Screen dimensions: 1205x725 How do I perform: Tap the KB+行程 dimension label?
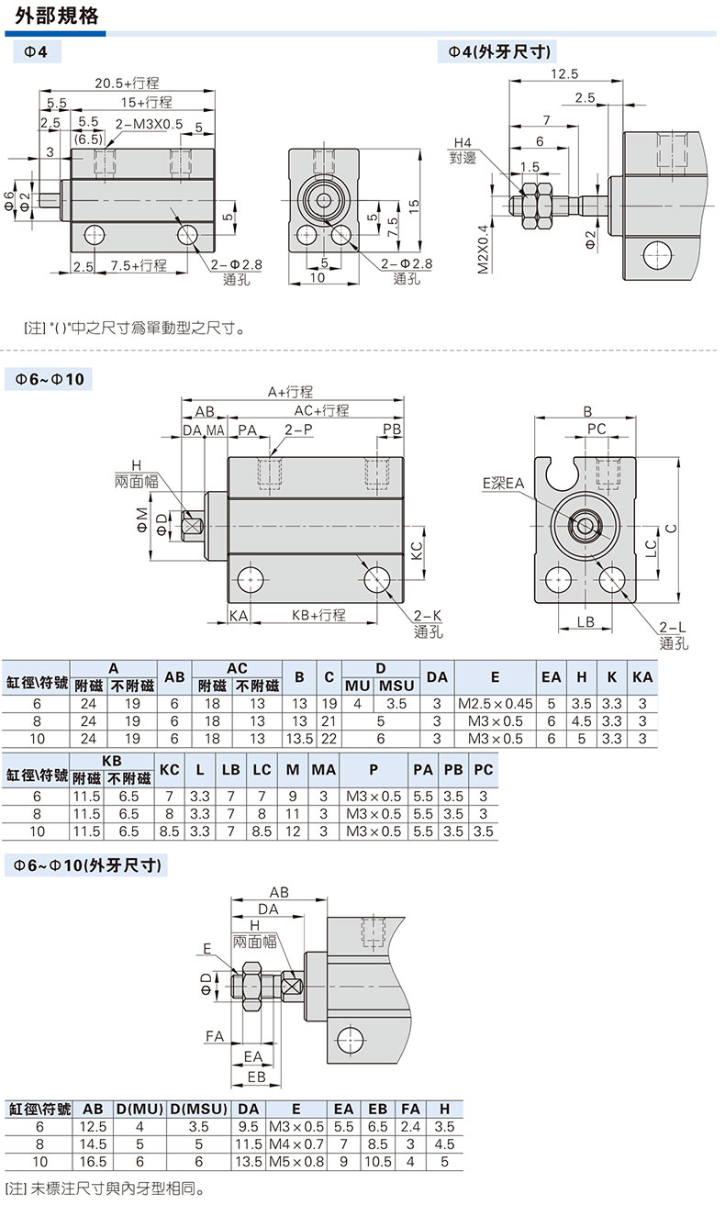(x=318, y=615)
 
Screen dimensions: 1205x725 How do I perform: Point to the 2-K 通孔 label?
(x=428, y=623)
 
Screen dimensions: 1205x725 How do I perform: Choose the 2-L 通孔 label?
(x=673, y=634)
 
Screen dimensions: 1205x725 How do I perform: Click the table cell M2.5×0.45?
(x=495, y=705)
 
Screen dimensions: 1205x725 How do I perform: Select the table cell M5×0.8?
(x=296, y=1161)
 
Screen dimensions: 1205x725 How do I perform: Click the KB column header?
(x=111, y=761)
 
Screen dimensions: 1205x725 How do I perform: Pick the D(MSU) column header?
(x=198, y=1109)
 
